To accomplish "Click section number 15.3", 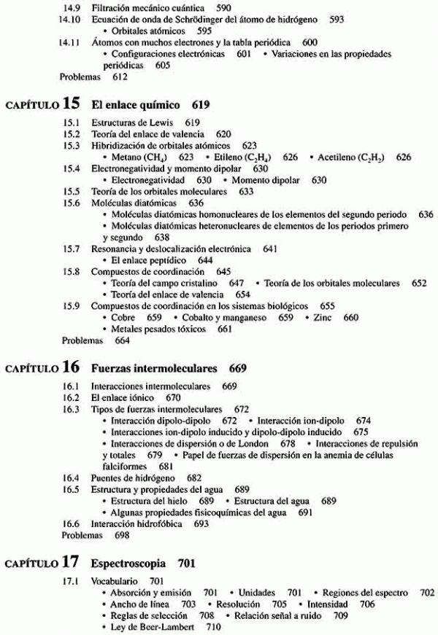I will point(71,145).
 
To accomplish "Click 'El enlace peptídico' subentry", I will point(152,260).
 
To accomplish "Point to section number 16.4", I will point(71,478).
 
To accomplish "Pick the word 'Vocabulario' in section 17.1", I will point(115,581).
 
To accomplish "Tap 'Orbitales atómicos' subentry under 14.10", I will point(147,31).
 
